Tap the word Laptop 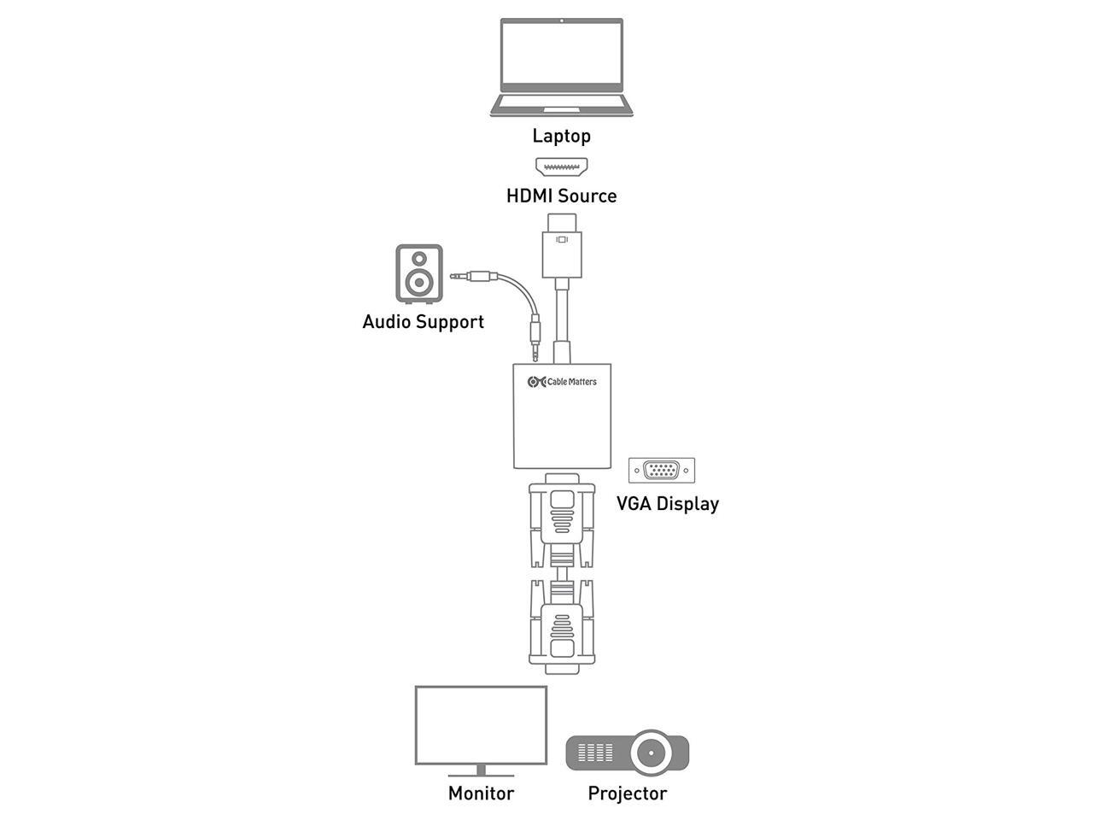click(561, 136)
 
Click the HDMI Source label click(561, 196)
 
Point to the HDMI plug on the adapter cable click(561, 245)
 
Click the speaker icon click(419, 274)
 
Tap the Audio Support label click(423, 322)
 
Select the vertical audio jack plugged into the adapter click(535, 337)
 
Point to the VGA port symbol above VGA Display click(662, 471)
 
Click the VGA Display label click(668, 504)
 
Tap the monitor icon click(481, 729)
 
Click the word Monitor click(481, 794)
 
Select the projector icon click(628, 753)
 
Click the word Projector click(628, 794)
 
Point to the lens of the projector click(651, 753)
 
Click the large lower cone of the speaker click(419, 281)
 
